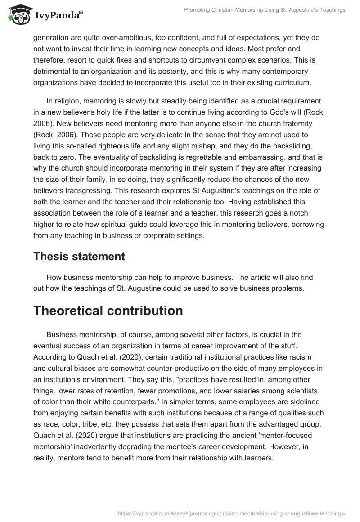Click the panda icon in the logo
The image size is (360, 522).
pos(18,15)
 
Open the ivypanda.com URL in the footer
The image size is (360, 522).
pos(232,513)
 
